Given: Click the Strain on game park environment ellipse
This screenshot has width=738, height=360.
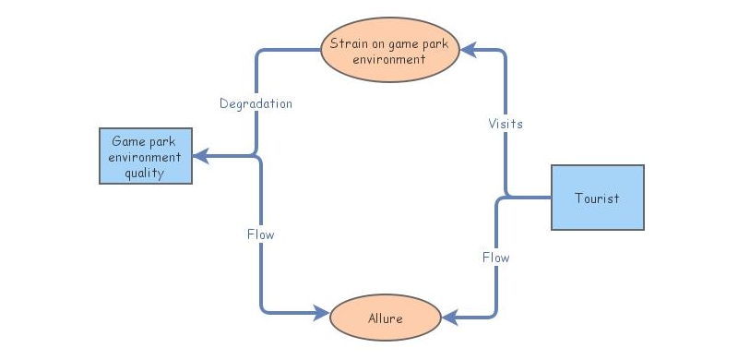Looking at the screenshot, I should pos(391,51).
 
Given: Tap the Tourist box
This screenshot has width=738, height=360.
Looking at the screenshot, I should pos(597,198).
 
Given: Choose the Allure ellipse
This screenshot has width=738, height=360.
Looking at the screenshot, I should pos(386,318).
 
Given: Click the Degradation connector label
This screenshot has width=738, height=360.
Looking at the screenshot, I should pos(256,104).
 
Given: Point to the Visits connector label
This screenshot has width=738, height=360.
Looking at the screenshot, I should pos(506,124).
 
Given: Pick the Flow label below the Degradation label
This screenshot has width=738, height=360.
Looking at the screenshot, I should pos(261,234).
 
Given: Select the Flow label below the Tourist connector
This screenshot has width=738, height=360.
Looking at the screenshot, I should pos(496,258).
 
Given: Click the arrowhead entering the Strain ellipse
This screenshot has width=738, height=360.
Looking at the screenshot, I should pos(468,51).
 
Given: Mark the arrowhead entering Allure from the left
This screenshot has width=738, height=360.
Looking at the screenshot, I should pos(323,311).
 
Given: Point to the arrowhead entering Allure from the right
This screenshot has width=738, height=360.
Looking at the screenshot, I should pos(449,318).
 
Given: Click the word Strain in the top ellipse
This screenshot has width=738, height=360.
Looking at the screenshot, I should pos(348,42).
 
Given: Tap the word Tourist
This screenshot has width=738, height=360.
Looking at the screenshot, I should pos(597,198).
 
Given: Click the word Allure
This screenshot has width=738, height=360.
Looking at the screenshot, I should pos(386,318).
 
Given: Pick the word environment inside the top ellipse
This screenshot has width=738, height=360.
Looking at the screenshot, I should pos(390,58).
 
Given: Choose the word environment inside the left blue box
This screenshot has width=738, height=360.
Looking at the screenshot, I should pos(145,158).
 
